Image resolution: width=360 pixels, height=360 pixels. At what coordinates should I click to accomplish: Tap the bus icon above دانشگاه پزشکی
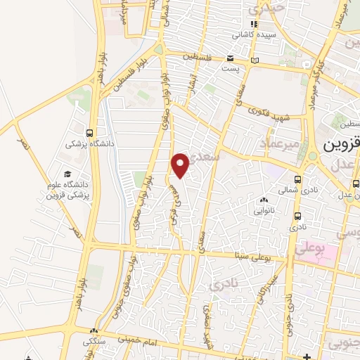point(89,133)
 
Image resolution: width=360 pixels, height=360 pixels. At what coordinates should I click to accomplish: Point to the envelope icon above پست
point(231,60)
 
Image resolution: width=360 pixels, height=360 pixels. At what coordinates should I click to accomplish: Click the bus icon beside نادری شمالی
point(298,179)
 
